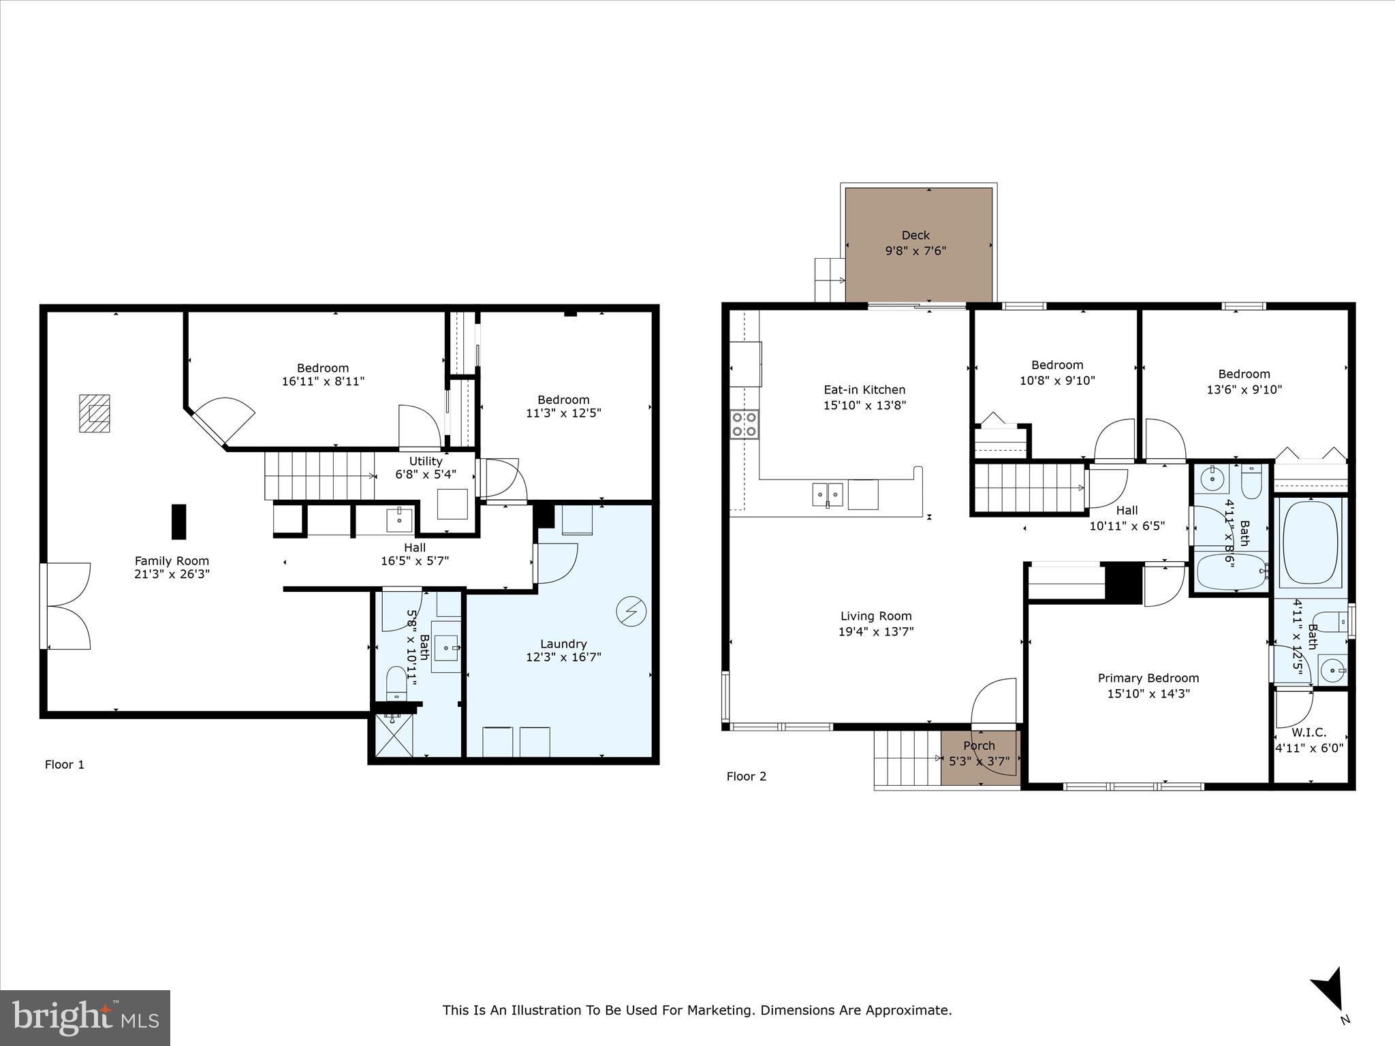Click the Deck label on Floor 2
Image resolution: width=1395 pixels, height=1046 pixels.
915,236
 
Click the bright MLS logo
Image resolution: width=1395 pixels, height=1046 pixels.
85,1017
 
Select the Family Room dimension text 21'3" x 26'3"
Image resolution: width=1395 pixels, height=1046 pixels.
172,574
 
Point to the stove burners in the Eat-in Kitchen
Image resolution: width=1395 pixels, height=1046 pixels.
744,424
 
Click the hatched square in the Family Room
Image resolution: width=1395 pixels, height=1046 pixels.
94,413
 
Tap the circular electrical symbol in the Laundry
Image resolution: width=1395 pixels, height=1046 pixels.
631,611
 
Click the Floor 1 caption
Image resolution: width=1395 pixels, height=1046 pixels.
65,765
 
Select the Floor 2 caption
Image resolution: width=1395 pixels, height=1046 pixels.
746,776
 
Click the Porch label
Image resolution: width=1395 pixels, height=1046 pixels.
979,746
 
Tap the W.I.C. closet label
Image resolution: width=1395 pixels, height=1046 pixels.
1308,733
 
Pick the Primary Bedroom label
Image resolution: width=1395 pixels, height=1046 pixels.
1148,678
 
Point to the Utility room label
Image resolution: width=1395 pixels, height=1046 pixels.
425,462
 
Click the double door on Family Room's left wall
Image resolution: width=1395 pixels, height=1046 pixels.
67,606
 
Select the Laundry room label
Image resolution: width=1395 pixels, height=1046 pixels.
563,644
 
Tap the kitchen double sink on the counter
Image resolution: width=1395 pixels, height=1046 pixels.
828,494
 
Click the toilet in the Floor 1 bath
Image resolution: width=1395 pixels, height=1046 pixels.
396,682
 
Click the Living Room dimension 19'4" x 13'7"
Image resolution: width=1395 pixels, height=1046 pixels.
875,631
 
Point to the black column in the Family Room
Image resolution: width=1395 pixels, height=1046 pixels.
178,522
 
